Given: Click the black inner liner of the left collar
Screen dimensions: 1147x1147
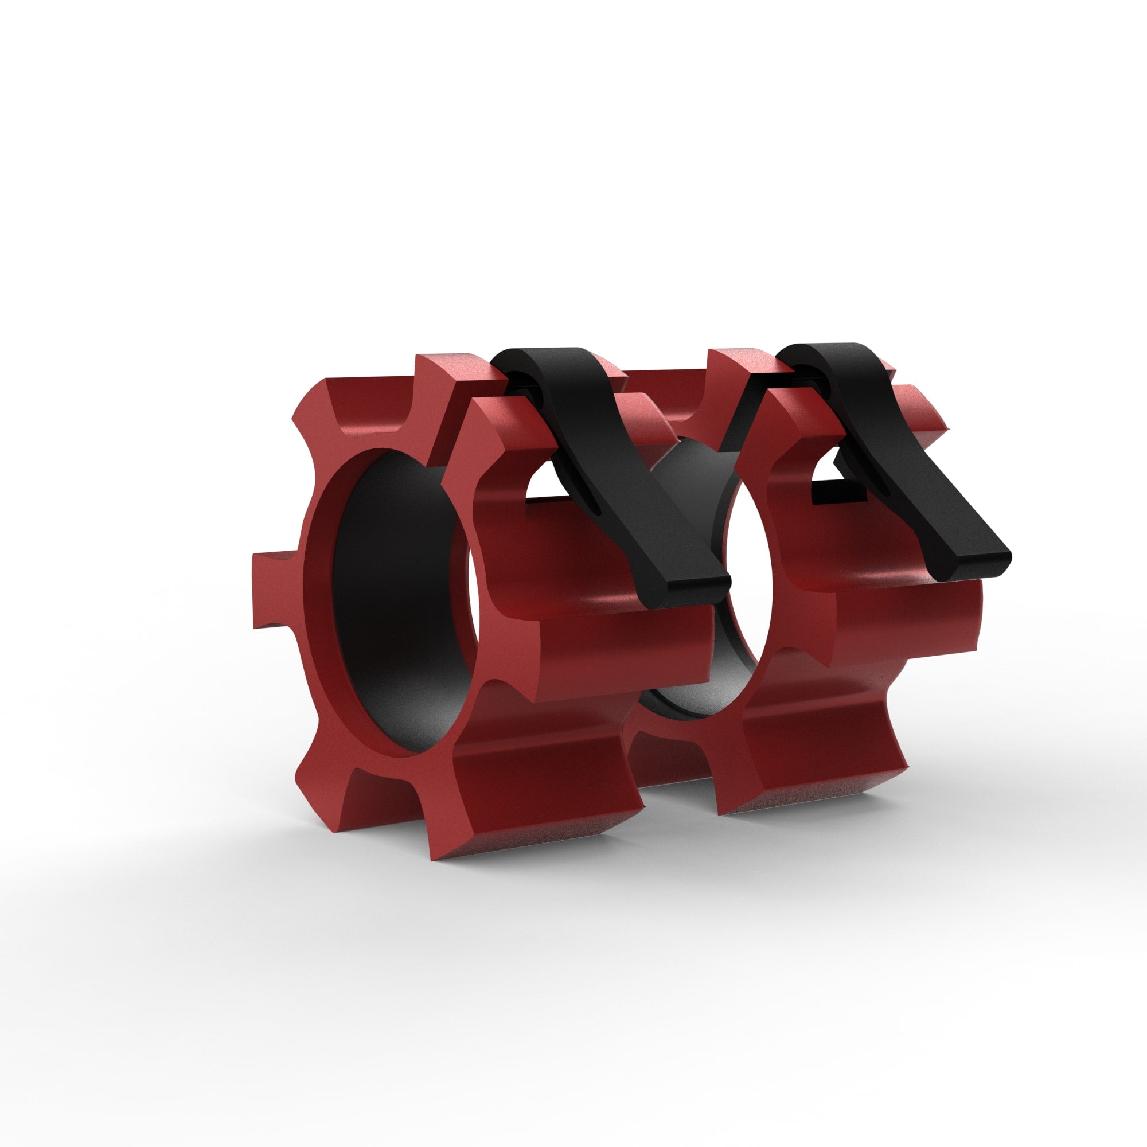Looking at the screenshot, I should pyautogui.click(x=392, y=600).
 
